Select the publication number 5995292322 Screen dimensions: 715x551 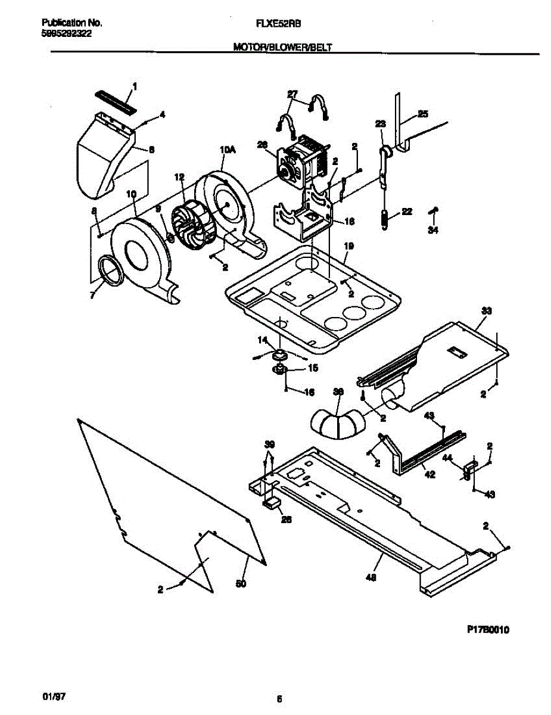67,34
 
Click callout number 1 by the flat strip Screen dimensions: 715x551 133,87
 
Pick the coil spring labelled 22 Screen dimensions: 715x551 384,219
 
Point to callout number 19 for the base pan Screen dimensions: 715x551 348,245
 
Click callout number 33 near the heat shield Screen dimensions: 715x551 487,310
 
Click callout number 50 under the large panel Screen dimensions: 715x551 241,583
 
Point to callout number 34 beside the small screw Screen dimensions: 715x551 433,231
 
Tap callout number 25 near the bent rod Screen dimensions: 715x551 423,113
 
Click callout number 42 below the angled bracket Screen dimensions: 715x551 428,474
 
